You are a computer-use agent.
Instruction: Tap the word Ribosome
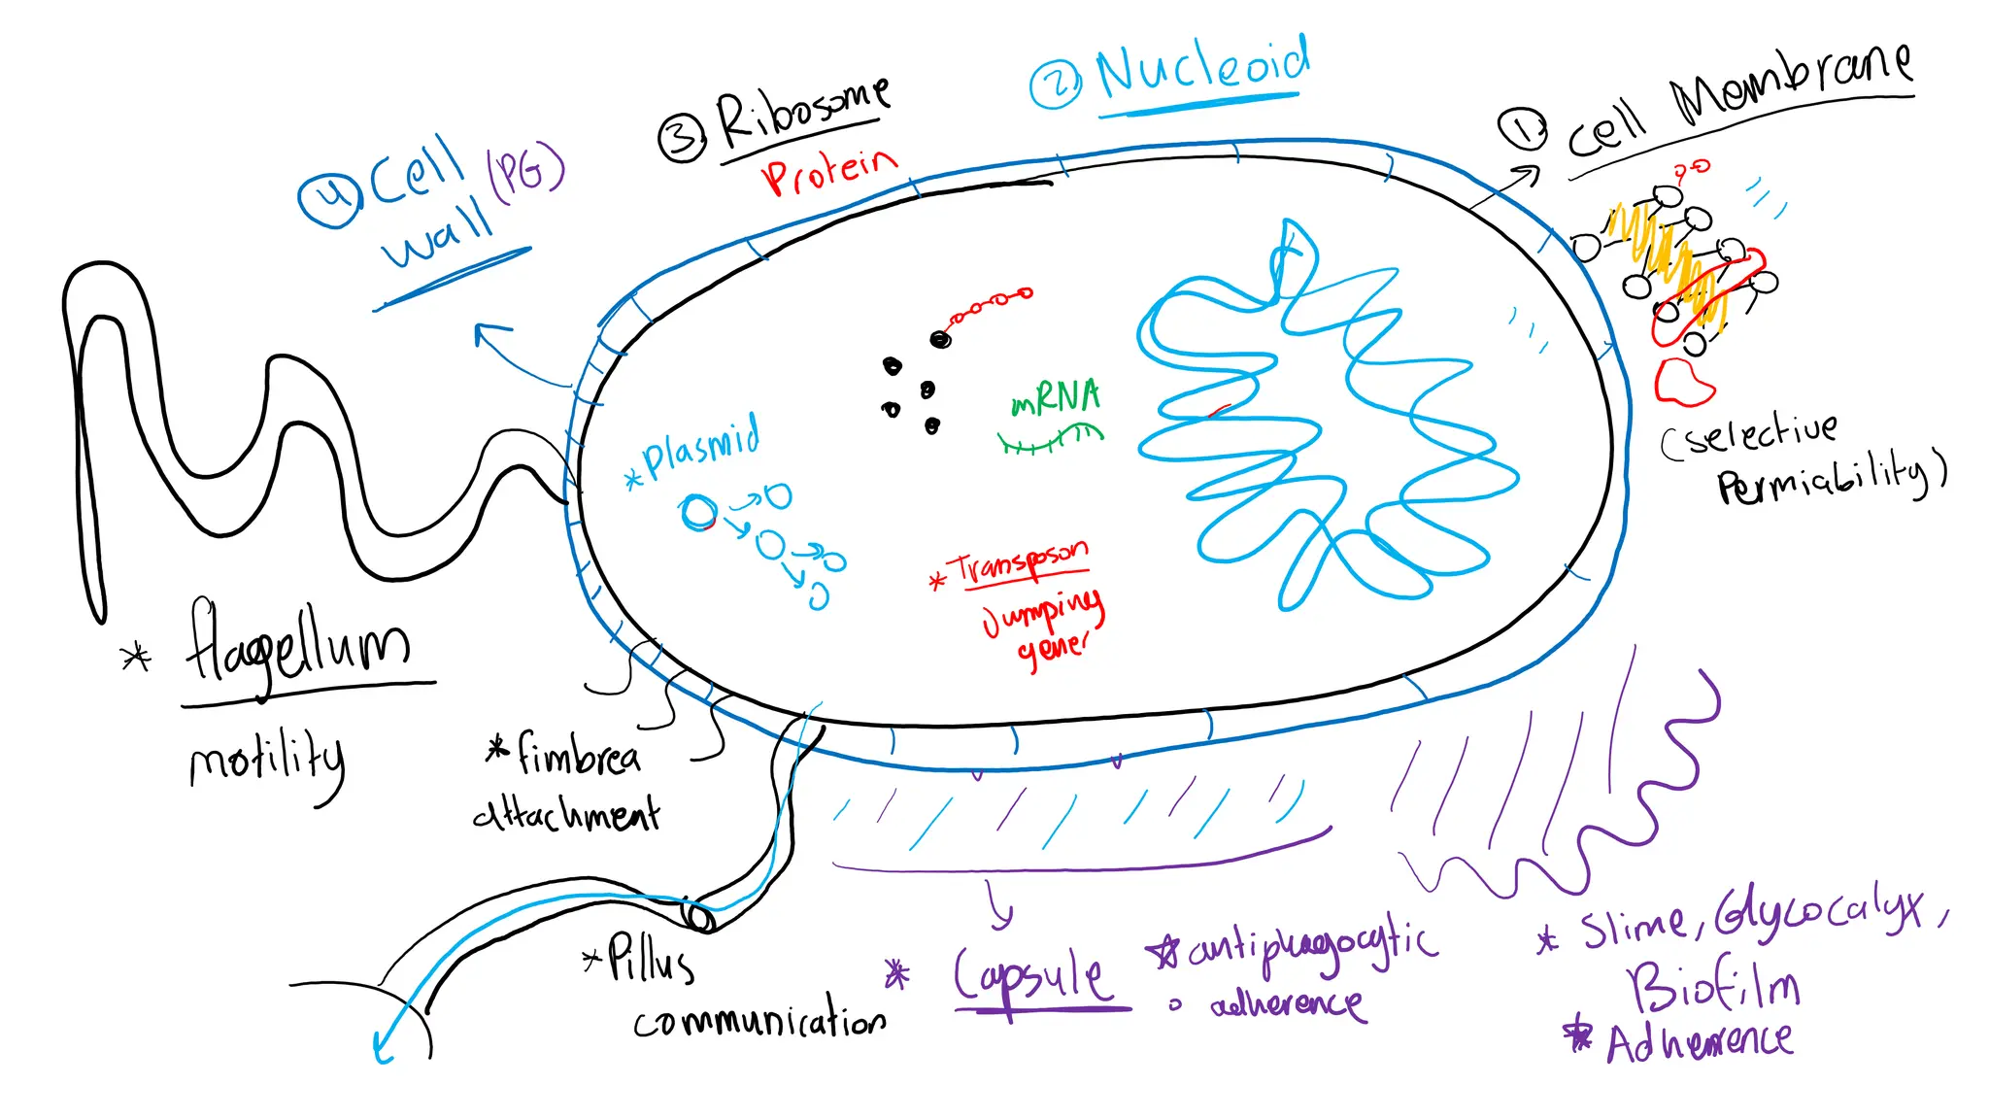coord(802,113)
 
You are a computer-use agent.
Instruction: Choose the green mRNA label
coord(1056,397)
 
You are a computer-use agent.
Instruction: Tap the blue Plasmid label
coord(701,448)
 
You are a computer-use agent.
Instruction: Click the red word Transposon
coord(1021,562)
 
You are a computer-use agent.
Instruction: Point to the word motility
coord(267,763)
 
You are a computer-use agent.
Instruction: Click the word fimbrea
coord(578,755)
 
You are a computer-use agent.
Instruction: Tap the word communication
coord(759,1019)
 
